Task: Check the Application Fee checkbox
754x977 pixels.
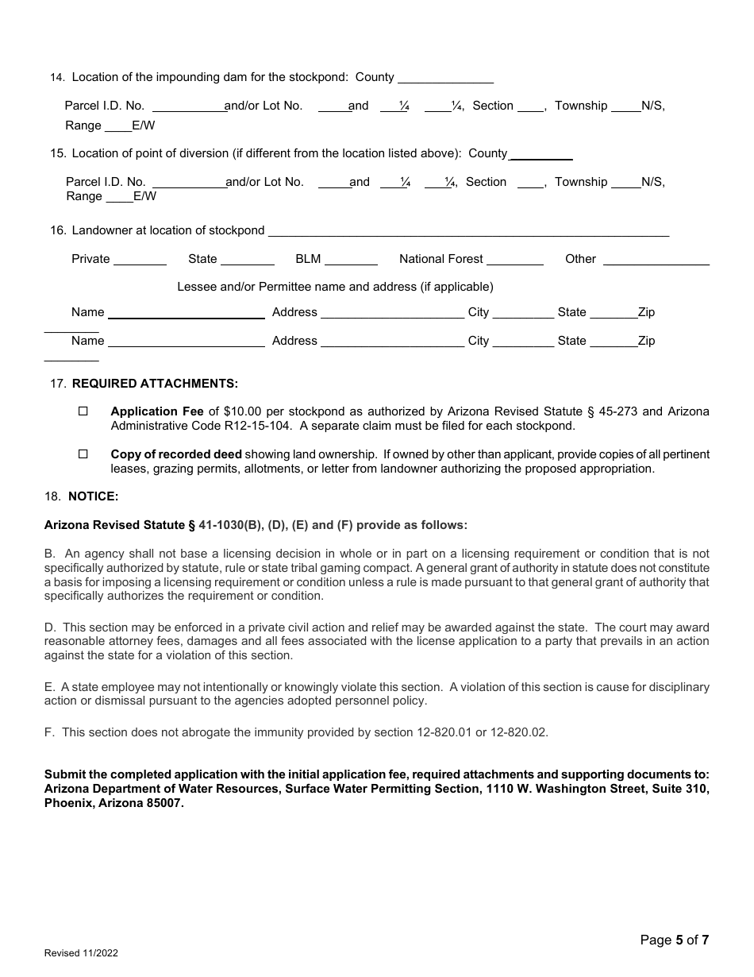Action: point(83,411)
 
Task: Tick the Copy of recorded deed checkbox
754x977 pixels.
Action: point(83,454)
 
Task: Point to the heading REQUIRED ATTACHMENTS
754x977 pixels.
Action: point(155,383)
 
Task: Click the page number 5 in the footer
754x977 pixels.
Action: point(679,940)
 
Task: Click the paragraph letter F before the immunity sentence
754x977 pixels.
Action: point(48,732)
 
